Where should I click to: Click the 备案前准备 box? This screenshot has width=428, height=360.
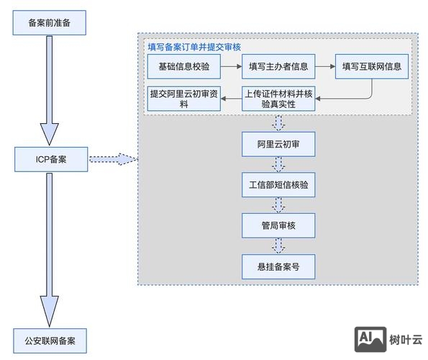(50, 23)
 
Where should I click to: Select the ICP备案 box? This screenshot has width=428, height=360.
(51, 158)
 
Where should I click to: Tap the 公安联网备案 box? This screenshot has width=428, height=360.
(50, 339)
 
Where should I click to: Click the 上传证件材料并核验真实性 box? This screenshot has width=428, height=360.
(278, 99)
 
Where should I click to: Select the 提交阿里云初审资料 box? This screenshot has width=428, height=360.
(183, 99)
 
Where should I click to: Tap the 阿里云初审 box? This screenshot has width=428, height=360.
(278, 144)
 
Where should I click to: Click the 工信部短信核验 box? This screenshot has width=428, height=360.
(278, 185)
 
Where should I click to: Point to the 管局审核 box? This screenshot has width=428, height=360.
(278, 226)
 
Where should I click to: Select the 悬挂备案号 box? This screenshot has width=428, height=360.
(278, 266)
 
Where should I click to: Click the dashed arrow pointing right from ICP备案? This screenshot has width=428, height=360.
(112, 158)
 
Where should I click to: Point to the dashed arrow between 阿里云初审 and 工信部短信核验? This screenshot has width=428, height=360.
(278, 165)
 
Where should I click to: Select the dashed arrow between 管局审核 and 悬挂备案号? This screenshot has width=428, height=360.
(278, 246)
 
